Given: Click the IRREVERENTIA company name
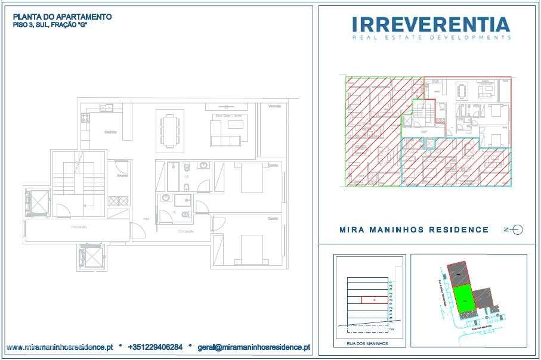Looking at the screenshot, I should point(431,24).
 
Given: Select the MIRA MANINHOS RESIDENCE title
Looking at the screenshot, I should point(414,229).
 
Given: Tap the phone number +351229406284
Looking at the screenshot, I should point(155,346).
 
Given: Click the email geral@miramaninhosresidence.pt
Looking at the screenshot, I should point(254,346).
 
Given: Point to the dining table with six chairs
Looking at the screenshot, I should point(169,129).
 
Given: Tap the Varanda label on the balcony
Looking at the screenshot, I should point(274,106).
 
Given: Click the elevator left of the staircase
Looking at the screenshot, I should point(37,203).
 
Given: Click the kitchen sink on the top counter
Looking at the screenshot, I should point(106,107).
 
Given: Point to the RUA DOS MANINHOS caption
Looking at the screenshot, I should point(367,344).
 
